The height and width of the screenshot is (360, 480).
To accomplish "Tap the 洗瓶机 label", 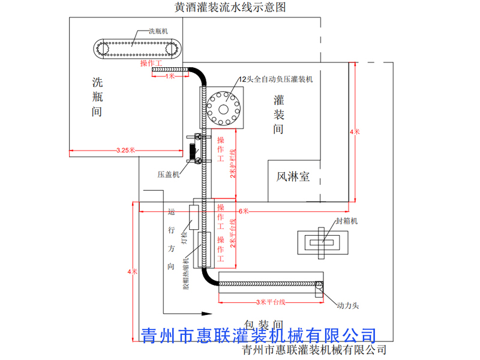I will pyautogui.click(x=158, y=32).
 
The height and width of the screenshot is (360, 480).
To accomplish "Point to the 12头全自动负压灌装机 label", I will pyautogui.click(x=276, y=79).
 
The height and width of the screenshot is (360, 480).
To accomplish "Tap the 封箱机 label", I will pyautogui.click(x=347, y=221).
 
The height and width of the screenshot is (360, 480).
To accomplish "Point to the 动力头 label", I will pyautogui.click(x=348, y=305).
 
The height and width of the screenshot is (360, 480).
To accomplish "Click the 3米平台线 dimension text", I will pyautogui.click(x=270, y=301).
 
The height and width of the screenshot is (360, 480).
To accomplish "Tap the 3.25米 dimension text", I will pyautogui.click(x=125, y=150).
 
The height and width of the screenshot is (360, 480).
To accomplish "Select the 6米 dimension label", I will pyautogui.click(x=244, y=211).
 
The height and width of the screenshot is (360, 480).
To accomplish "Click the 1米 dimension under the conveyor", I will pyautogui.click(x=170, y=77).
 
